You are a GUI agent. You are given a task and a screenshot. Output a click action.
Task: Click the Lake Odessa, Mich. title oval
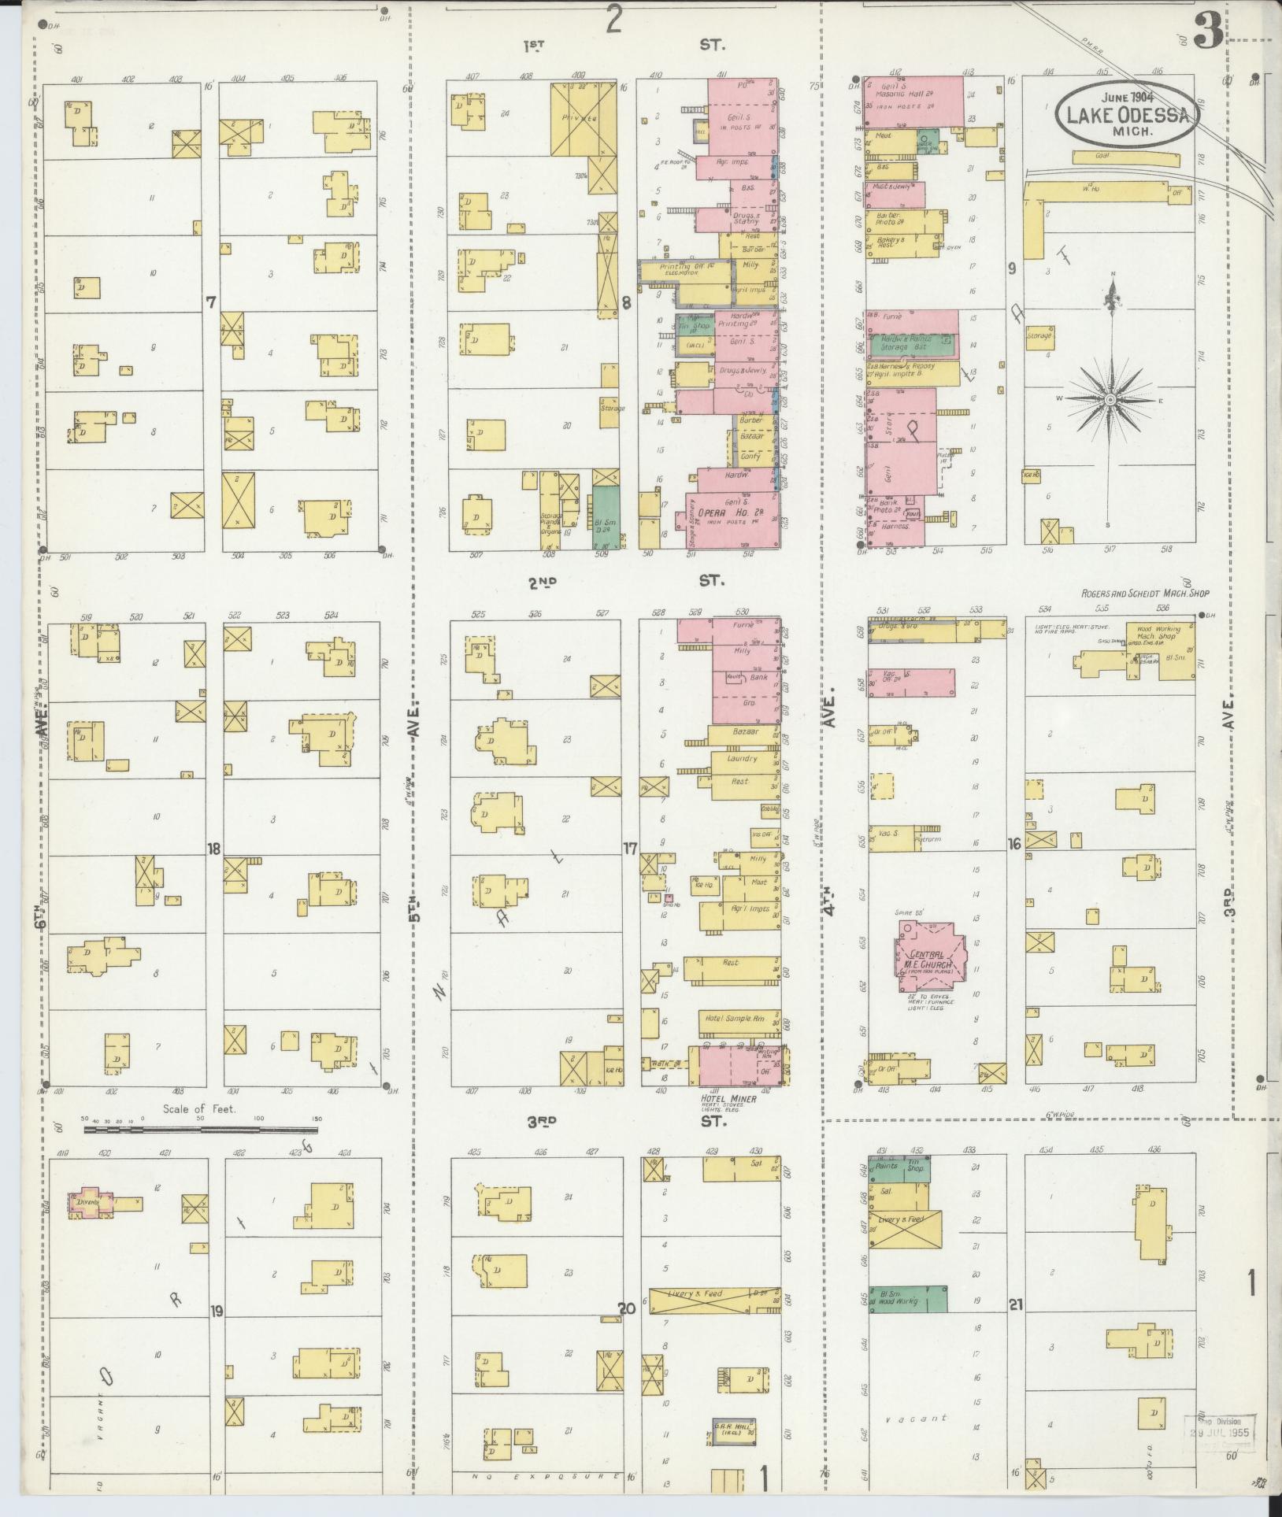tap(1128, 114)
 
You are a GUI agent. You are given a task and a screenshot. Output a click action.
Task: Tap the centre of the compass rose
tap(1110, 400)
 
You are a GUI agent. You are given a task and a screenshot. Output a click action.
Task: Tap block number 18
tap(213, 849)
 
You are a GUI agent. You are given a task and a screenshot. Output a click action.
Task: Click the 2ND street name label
tap(542, 582)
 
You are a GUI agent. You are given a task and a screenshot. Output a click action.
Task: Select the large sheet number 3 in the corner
tap(1208, 33)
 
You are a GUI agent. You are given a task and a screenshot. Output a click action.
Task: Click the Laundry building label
tap(743, 759)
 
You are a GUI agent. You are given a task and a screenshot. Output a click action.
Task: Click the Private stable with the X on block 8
tap(581, 118)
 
